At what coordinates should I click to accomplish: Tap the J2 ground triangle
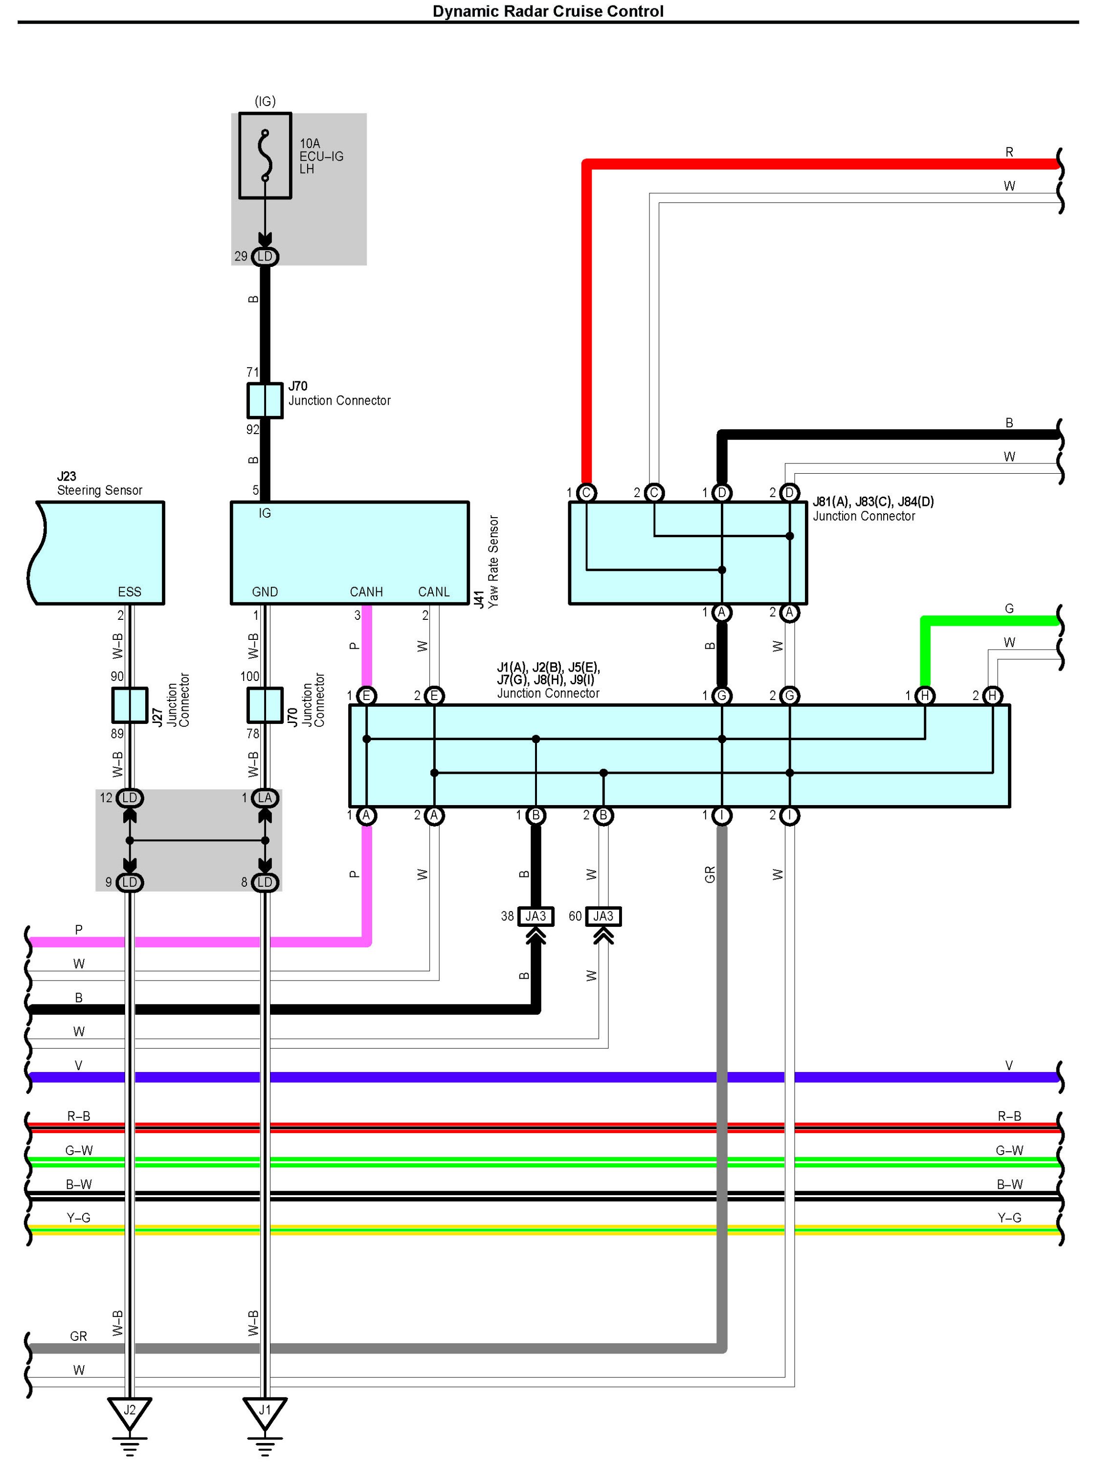[x=130, y=1412]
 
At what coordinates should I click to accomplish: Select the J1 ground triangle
[x=265, y=1412]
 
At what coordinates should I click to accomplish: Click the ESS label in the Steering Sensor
[x=130, y=591]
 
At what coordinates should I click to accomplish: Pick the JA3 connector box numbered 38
[x=535, y=916]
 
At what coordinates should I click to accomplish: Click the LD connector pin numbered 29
[x=265, y=257]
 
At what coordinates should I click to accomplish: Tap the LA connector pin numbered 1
[x=265, y=798]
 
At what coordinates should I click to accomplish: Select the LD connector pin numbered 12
[x=130, y=798]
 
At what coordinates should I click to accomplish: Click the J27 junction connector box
[x=130, y=705]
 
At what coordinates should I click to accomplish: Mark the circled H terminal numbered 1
[x=925, y=695]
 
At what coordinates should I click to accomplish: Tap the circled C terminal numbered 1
[x=586, y=492]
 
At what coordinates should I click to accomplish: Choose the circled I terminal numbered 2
[x=789, y=815]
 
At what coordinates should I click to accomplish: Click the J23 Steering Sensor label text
[x=99, y=483]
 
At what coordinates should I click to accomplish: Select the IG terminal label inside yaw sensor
[x=265, y=513]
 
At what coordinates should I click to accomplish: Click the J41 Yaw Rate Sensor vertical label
[x=486, y=562]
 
